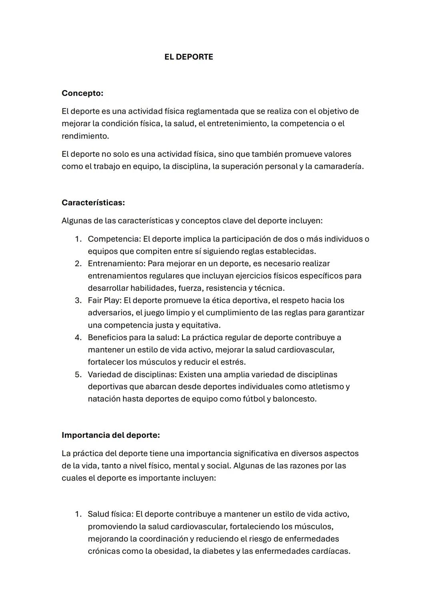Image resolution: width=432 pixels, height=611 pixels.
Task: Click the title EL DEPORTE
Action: tap(188, 57)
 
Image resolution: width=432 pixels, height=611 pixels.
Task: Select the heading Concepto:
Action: tap(82, 93)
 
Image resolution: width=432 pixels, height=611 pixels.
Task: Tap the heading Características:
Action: tap(93, 202)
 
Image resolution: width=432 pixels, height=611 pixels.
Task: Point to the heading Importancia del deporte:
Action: tap(111, 435)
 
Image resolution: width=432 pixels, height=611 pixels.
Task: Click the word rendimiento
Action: tap(85, 136)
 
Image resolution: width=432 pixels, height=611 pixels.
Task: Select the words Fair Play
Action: tap(104, 300)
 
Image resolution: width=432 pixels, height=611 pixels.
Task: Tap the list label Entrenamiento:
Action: tap(117, 263)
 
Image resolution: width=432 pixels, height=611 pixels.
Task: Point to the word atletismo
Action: tap(326, 387)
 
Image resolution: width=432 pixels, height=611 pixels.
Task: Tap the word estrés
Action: tap(234, 362)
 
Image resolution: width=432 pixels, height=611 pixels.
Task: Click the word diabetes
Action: tap(218, 551)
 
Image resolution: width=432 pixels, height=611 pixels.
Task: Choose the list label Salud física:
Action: tap(110, 514)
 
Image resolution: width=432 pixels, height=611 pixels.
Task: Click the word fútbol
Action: tap(254, 399)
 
